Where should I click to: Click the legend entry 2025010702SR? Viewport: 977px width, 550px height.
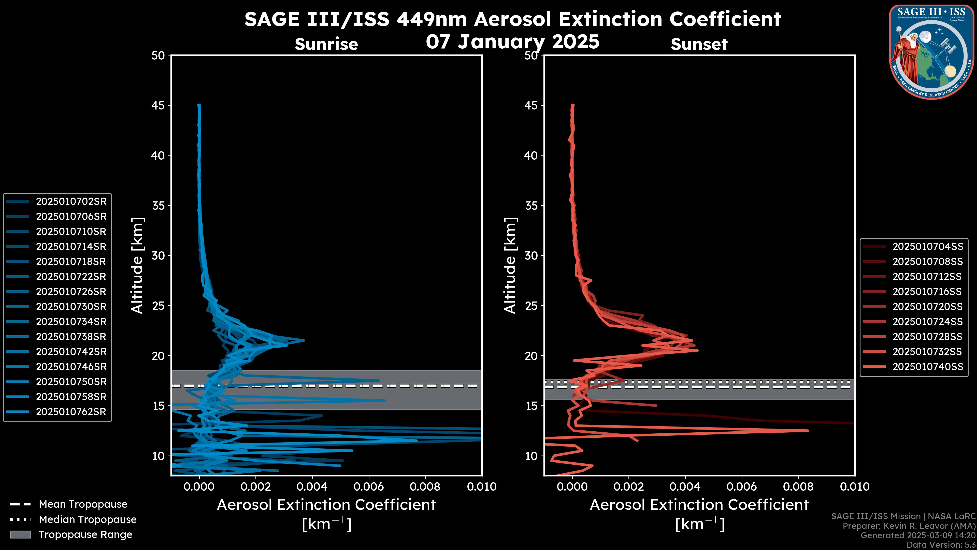click(x=71, y=202)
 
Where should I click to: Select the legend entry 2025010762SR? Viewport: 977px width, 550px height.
click(x=71, y=412)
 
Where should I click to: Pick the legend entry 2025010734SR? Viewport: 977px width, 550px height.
click(x=71, y=322)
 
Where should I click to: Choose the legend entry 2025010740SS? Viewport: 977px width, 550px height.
click(x=927, y=367)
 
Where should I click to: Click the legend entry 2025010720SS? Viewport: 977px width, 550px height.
click(x=927, y=307)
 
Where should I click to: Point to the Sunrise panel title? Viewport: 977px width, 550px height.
click(x=326, y=44)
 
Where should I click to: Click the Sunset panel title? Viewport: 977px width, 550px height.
click(x=699, y=44)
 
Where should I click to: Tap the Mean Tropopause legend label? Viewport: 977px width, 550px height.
click(x=83, y=504)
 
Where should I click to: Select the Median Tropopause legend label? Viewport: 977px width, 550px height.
click(x=88, y=519)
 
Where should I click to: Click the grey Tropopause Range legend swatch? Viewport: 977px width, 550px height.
click(x=20, y=534)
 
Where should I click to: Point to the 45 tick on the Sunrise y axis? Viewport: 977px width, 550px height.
click(x=159, y=105)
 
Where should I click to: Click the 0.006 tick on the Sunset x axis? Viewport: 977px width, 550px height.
click(x=741, y=487)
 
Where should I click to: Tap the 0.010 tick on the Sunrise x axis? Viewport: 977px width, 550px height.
click(x=481, y=487)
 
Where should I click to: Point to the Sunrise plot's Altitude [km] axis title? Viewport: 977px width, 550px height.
click(x=137, y=265)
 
